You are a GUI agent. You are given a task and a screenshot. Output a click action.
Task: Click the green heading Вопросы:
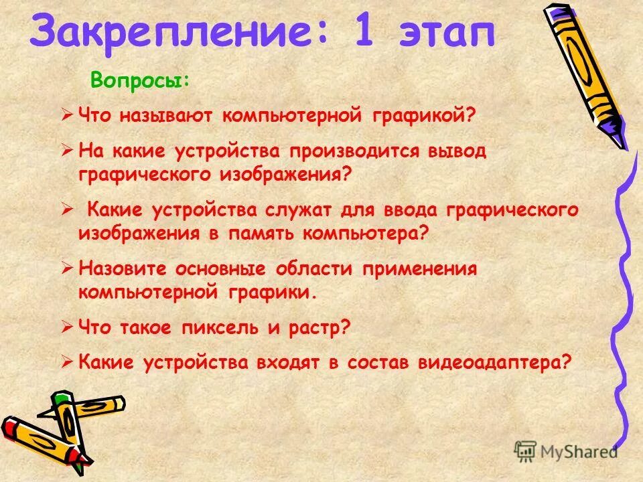pos(141,81)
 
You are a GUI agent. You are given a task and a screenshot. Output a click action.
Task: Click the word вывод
pos(456,151)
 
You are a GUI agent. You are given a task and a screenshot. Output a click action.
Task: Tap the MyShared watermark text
pos(579,452)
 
